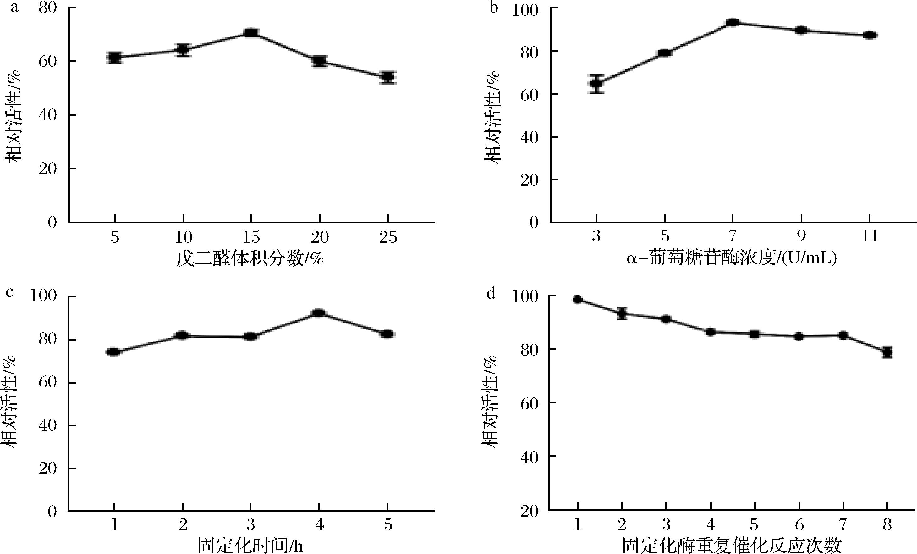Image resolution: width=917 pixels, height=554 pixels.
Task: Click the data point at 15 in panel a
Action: coord(251,33)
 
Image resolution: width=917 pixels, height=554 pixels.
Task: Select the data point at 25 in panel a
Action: coord(387,77)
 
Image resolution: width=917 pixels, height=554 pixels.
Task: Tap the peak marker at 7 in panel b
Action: coord(733,23)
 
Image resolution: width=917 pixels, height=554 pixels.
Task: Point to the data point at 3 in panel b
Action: coord(596,83)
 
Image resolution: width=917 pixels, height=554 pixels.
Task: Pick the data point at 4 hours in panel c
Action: coord(319,313)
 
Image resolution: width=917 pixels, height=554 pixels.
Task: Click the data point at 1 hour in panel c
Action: coord(113,352)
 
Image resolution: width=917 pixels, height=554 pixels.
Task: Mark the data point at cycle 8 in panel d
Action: coord(887,352)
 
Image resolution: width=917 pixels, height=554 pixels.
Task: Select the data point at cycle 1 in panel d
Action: coord(578,299)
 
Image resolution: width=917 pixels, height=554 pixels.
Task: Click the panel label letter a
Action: coord(14,8)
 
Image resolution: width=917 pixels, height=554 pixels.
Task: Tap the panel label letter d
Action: coord(491,294)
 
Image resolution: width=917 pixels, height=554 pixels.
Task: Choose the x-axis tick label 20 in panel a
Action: coord(320,237)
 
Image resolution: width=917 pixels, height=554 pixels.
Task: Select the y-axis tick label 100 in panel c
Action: coord(44,297)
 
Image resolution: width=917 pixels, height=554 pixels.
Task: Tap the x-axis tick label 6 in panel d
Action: coord(799,525)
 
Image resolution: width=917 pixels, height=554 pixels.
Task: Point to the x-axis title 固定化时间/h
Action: coord(250,546)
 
